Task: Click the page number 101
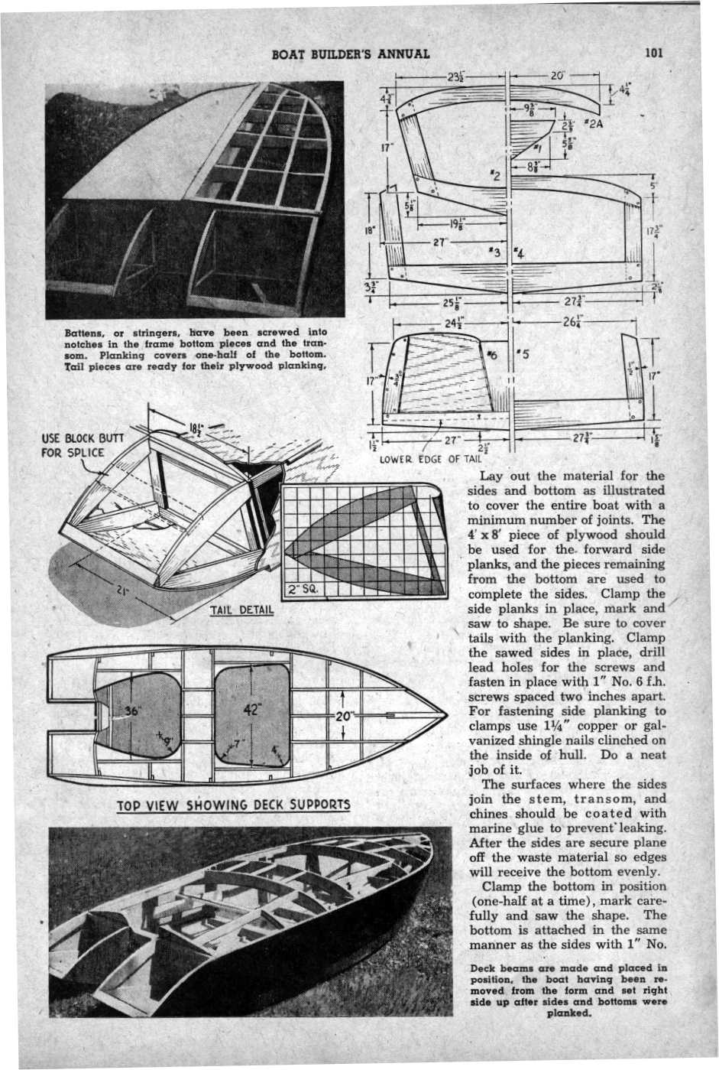654,53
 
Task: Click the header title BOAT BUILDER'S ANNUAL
351,54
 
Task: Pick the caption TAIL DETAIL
237,611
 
